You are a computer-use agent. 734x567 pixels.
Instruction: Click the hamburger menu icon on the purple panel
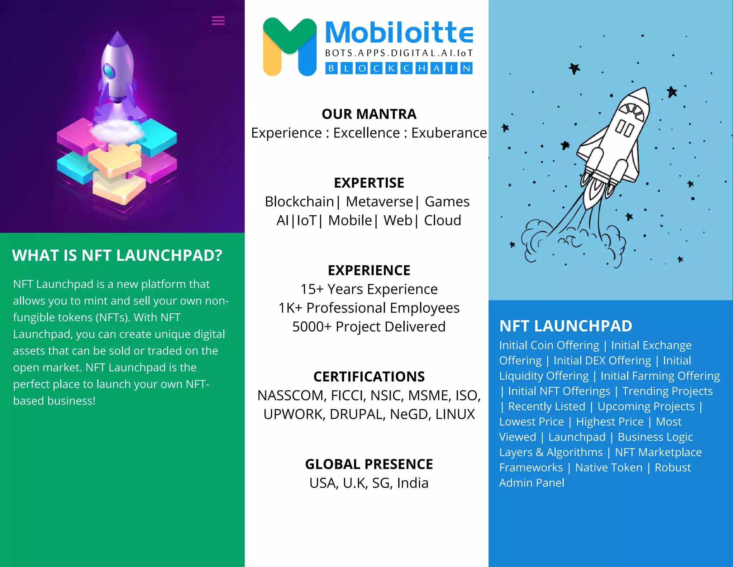218,21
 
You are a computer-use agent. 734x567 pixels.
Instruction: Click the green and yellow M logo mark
290,47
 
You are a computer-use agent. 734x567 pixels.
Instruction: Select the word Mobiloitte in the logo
399,33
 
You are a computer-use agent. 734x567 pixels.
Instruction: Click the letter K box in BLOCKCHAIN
391,68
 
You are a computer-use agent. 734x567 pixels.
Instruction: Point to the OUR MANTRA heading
369,114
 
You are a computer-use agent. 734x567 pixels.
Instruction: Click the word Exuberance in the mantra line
449,133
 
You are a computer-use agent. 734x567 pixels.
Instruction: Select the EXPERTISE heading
369,183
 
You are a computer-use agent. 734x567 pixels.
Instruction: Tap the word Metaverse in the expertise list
379,202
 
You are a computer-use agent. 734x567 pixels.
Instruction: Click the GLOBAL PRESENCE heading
369,464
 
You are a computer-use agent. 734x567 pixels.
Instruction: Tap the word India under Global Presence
413,483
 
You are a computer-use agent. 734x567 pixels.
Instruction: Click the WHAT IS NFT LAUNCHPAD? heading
117,256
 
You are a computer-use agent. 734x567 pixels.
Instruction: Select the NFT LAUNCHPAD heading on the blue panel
566,326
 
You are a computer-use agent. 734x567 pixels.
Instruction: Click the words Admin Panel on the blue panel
532,483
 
